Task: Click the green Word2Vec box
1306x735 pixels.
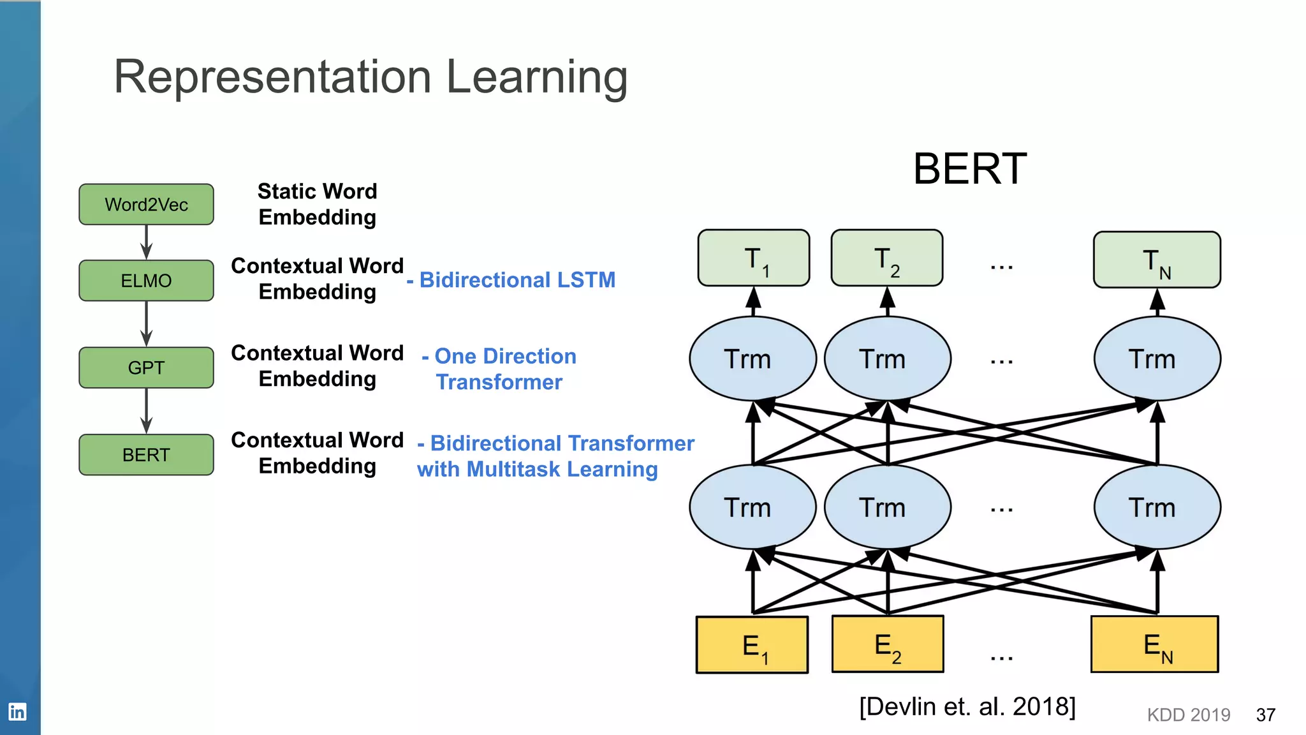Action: coord(146,204)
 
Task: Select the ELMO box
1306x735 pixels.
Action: coord(146,280)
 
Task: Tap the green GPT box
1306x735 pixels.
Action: coord(146,367)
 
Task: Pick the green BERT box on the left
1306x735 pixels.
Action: coord(146,455)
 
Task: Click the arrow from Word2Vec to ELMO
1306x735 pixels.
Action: coord(146,242)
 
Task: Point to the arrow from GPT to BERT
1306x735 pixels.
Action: coord(146,412)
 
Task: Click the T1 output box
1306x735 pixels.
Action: coord(754,258)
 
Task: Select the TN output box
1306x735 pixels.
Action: coord(1157,260)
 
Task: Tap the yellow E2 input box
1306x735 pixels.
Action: coord(888,644)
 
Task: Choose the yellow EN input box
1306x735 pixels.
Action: coord(1154,644)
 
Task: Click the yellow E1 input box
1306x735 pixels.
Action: coord(752,645)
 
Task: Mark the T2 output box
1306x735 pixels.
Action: coord(887,258)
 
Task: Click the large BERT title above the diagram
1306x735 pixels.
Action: coord(969,169)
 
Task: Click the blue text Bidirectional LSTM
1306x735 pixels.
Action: coord(517,280)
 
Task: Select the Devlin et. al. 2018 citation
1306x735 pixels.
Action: coord(967,707)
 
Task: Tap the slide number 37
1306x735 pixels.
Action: coord(1265,715)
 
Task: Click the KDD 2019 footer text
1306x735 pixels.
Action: coord(1189,715)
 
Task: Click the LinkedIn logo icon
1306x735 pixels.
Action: coord(17,711)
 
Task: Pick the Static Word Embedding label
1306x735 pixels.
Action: coord(318,204)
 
